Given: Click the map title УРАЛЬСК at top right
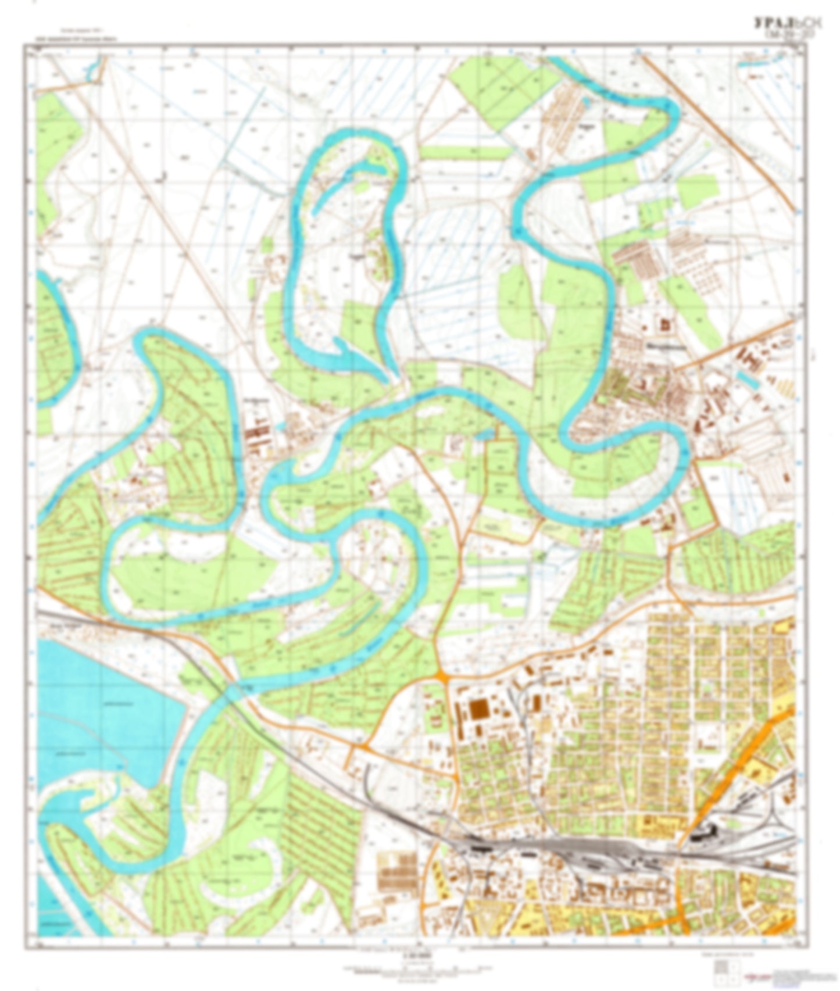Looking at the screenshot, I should pyautogui.click(x=787, y=24).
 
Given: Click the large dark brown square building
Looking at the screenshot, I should pyautogui.click(x=479, y=710).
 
